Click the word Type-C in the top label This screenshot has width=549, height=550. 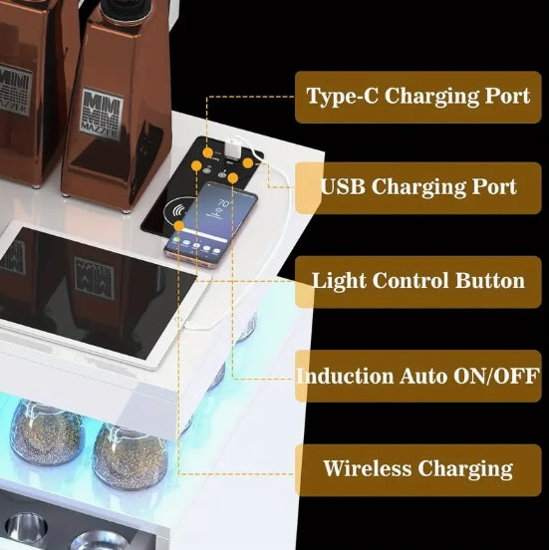click(342, 96)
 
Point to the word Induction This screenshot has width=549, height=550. click(345, 376)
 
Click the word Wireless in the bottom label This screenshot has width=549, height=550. click(367, 468)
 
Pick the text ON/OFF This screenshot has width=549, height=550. click(496, 376)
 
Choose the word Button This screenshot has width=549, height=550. click(489, 280)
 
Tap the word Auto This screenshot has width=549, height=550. click(423, 376)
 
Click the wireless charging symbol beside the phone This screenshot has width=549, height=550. click(179, 211)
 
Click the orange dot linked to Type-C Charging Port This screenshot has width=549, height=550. click(208, 152)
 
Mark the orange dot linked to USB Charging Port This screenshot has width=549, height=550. click(248, 162)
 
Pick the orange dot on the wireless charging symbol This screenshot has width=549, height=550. click(179, 226)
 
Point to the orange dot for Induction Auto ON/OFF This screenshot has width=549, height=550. click(232, 178)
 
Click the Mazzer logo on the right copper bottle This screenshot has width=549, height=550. click(102, 114)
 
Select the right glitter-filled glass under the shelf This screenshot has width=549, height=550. click(131, 456)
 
